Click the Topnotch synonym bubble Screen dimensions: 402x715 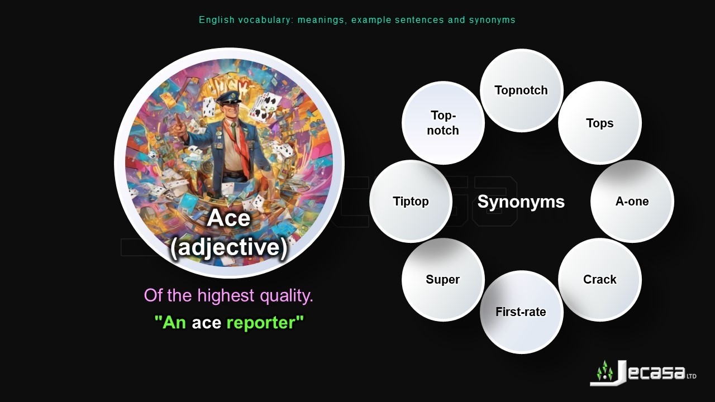[x=521, y=90]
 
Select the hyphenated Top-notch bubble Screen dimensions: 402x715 [x=443, y=123]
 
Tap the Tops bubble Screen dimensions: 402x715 [x=599, y=123]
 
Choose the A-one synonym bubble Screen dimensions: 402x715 [x=632, y=202]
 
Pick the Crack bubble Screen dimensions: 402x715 [x=599, y=280]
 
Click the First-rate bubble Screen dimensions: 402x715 [x=521, y=312]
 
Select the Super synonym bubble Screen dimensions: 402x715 [x=442, y=280]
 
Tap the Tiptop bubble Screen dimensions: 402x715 [x=411, y=202]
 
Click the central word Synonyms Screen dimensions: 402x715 [x=521, y=202]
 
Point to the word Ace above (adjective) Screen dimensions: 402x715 [x=228, y=218]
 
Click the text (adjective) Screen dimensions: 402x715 [x=229, y=247]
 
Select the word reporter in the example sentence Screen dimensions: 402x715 [x=265, y=323]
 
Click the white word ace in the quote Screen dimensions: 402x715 [x=206, y=323]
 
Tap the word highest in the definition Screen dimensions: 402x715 [x=226, y=295]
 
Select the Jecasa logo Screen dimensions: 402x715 [x=642, y=373]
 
